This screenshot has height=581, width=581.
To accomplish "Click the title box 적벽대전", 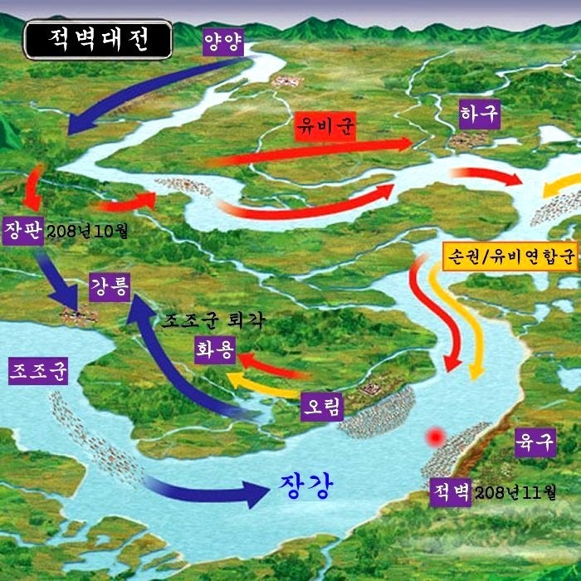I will [x=98, y=39].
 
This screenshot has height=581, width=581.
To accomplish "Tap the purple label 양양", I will [x=224, y=41].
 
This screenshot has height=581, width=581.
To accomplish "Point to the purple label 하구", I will [x=480, y=114].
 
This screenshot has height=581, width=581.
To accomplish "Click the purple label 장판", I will [x=22, y=229].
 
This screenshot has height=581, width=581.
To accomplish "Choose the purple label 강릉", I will [x=110, y=289].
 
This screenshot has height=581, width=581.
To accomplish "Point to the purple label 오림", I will [x=320, y=406].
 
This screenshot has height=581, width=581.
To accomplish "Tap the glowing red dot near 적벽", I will [x=434, y=436].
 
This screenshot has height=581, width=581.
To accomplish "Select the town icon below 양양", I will [x=286, y=81].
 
